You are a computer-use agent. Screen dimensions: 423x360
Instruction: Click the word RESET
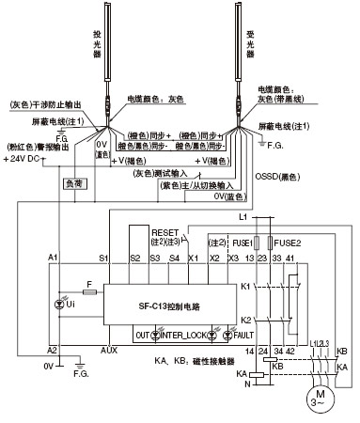point(164,228)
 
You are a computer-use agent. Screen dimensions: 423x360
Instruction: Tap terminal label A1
point(53,257)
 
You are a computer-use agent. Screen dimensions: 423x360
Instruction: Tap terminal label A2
point(53,349)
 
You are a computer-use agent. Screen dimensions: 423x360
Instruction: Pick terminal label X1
point(193,257)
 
